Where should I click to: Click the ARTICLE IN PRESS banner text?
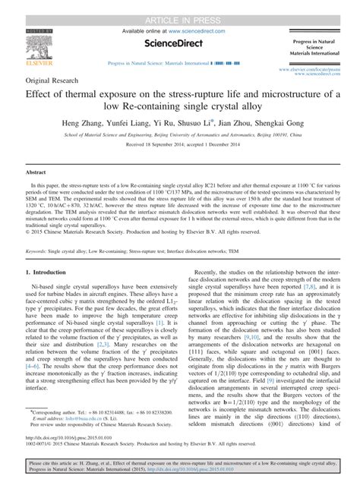(x=179, y=7)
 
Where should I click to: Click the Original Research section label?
(x=55, y=80)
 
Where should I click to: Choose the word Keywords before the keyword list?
(x=41, y=250)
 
